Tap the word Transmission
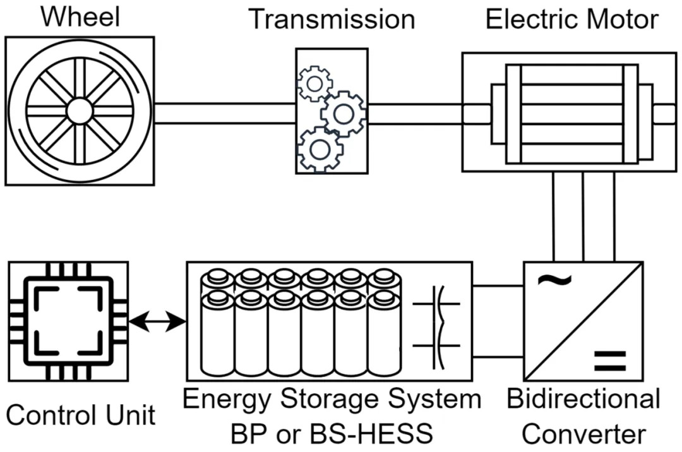coord(332,20)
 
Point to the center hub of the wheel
coord(80,111)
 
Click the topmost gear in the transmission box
coord(315,83)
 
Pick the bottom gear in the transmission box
coord(321,150)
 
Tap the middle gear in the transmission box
coord(344,114)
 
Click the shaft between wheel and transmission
coord(225,114)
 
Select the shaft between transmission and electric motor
coord(415,114)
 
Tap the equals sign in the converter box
coord(610,360)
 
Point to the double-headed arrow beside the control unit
coord(157,321)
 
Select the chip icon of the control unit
coord(68,321)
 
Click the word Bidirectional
coord(583,398)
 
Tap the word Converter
coord(583,434)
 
